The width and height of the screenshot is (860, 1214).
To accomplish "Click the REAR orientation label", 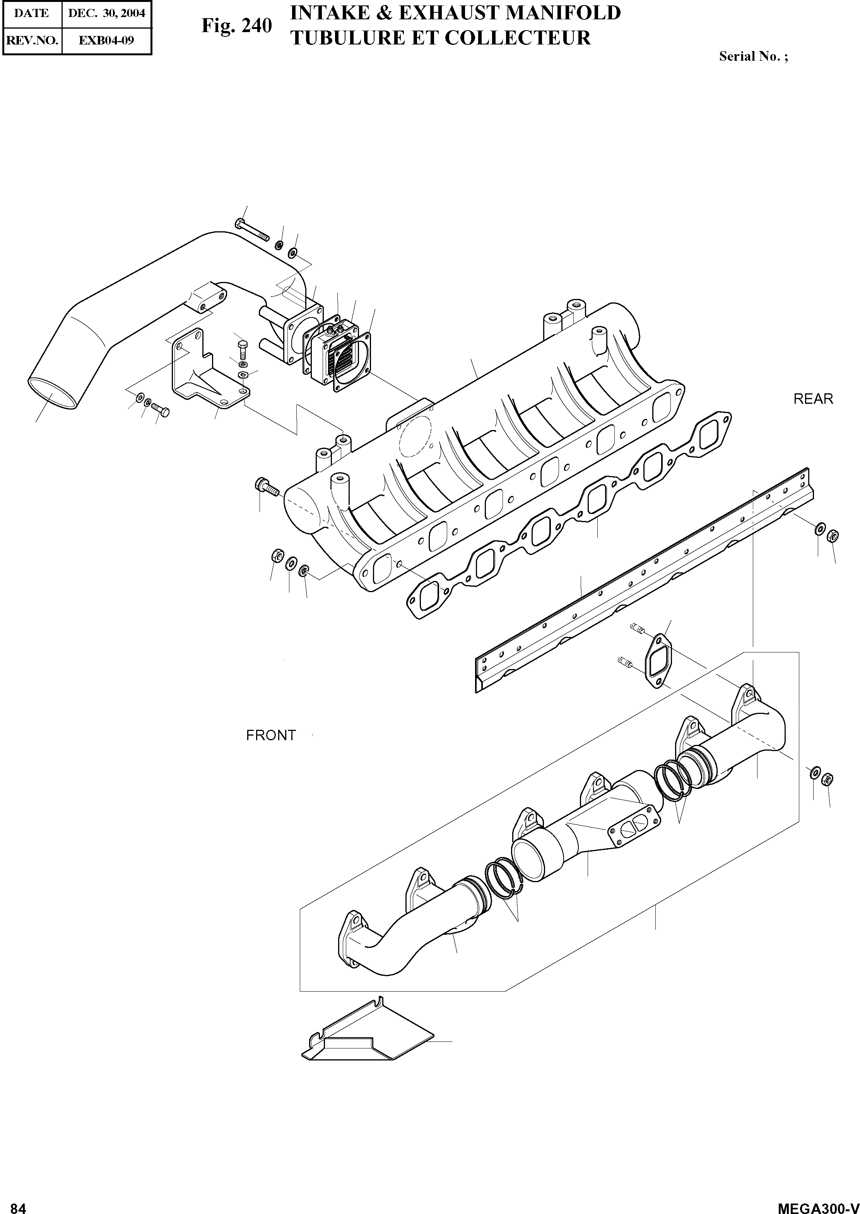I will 813,399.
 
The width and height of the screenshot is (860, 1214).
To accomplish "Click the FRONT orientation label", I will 270,735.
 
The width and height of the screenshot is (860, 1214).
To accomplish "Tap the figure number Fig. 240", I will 236,26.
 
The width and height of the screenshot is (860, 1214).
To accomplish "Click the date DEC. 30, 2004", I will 106,13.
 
